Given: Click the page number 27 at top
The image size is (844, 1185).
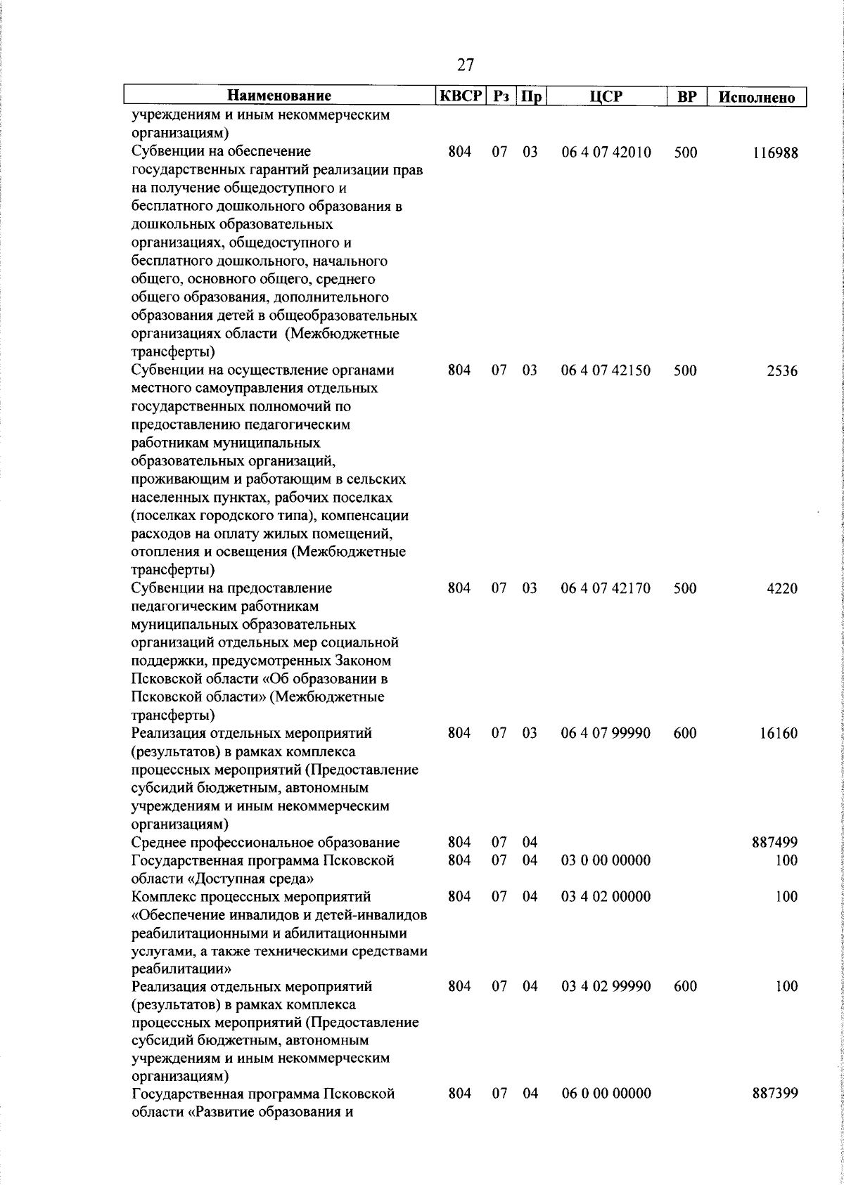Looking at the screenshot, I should pyautogui.click(x=465, y=65).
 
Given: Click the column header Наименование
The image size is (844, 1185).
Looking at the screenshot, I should pyautogui.click(x=279, y=96).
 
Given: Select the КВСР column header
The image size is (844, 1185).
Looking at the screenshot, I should pyautogui.click(x=461, y=96).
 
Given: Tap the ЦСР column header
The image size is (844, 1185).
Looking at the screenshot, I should pyautogui.click(x=606, y=96).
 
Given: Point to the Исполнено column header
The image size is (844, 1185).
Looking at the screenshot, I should pyautogui.click(x=757, y=97).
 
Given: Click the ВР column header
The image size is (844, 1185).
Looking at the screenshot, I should pyautogui.click(x=686, y=97).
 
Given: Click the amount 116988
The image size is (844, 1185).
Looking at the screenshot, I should pyautogui.click(x=775, y=153).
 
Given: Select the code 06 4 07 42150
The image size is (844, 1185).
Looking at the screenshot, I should pyautogui.click(x=606, y=370).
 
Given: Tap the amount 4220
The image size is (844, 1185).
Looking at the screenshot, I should pyautogui.click(x=782, y=588).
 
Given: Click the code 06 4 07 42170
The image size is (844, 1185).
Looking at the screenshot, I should pyautogui.click(x=606, y=588).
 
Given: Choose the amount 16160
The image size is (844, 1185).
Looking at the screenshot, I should pyautogui.click(x=779, y=734).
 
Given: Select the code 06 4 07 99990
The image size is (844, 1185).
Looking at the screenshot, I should pyautogui.click(x=606, y=733).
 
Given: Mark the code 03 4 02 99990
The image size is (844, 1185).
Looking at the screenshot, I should pyautogui.click(x=606, y=987).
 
